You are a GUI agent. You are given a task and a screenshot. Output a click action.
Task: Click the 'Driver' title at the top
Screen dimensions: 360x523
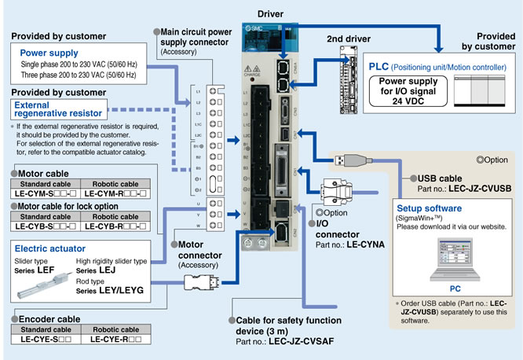pyautogui.click(x=270, y=14)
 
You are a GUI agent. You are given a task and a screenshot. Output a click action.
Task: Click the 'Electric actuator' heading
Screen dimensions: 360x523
pyautogui.click(x=45, y=249)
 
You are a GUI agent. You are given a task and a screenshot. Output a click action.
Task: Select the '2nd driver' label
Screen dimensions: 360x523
pyautogui.click(x=349, y=39)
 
